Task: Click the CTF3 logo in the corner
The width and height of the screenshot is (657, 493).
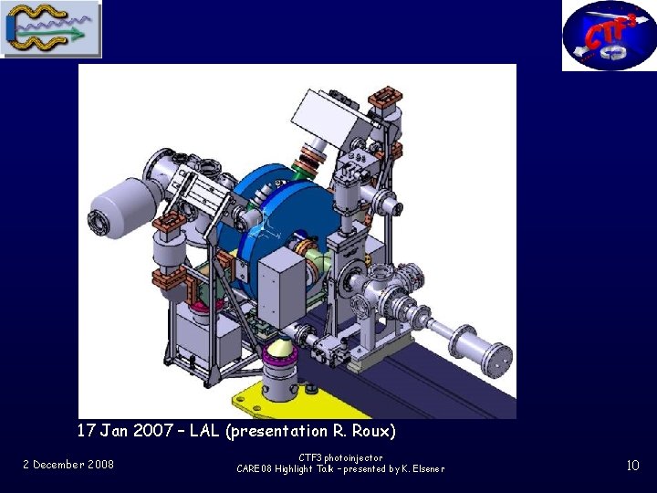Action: [x=610, y=36]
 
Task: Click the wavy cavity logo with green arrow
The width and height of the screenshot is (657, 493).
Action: [x=51, y=28]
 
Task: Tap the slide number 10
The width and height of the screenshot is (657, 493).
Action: [x=632, y=466]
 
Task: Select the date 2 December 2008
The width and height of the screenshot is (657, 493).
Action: [x=68, y=465]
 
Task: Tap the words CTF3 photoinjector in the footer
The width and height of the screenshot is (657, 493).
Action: [x=340, y=457]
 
